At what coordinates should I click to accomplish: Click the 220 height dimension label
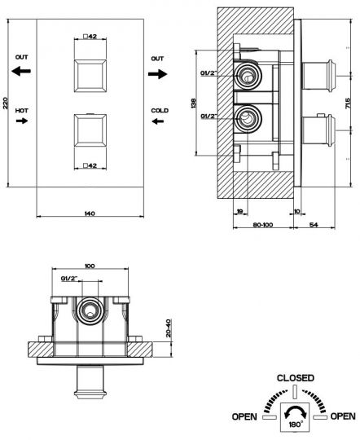pos(5,103)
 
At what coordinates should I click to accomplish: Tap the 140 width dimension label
pos(90,213)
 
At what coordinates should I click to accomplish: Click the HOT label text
pos(22,111)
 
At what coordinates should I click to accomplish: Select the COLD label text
pos(160,111)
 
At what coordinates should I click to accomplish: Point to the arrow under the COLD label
pos(158,121)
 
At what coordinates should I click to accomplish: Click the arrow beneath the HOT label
pos(22,121)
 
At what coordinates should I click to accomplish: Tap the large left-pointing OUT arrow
pos(21,71)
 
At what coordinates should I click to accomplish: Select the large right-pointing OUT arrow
pos(158,74)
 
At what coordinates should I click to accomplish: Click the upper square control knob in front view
pos(90,76)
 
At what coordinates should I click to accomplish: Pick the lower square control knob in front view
pos(90,130)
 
